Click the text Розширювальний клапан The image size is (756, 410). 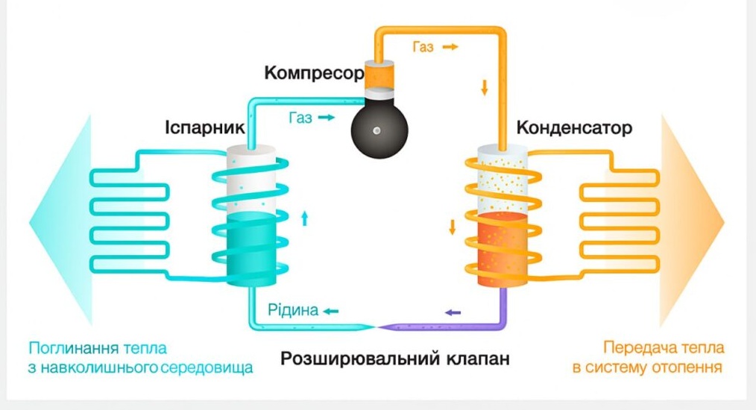395,359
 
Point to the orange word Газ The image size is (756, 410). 423,47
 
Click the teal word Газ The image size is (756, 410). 300,118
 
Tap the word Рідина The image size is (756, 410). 293,310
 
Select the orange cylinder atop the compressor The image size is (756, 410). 380,77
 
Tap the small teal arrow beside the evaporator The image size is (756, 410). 304,218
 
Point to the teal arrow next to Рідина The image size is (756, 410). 329,310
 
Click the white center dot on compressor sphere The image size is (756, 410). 379,130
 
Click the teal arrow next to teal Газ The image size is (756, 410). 327,118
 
